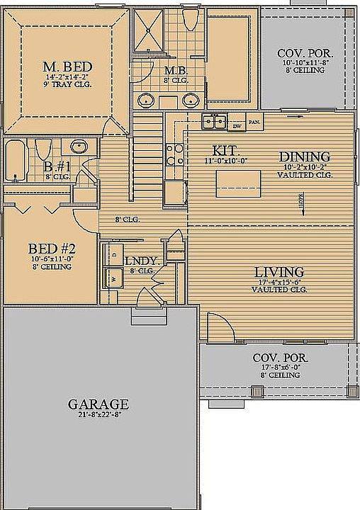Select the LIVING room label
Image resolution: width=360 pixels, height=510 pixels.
pyautogui.click(x=279, y=272)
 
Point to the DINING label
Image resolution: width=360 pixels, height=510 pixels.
pyautogui.click(x=305, y=157)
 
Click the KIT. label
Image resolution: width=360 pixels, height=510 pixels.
pyautogui.click(x=226, y=151)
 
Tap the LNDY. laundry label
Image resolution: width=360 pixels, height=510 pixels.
pyautogui.click(x=140, y=261)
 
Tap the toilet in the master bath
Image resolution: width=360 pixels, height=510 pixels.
pyautogui.click(x=189, y=21)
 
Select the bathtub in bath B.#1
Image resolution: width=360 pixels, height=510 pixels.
pyautogui.click(x=16, y=161)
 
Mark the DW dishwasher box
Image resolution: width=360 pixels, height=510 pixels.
pyautogui.click(x=237, y=126)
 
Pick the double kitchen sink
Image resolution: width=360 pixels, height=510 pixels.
pyautogui.click(x=213, y=122)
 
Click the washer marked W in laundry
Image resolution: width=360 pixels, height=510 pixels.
pyautogui.click(x=112, y=278)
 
